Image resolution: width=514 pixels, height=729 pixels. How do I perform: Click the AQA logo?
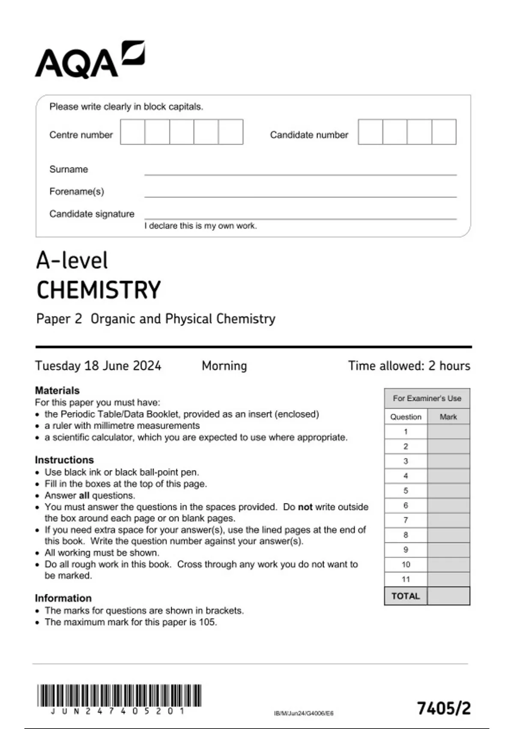point(90,60)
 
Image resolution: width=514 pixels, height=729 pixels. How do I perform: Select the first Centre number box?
point(132,132)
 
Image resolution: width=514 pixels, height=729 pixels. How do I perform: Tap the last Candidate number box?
point(444,132)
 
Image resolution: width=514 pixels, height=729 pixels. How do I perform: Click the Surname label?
point(69,169)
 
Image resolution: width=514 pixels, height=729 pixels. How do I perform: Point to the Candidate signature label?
point(92,214)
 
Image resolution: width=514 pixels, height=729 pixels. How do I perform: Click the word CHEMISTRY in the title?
point(99,290)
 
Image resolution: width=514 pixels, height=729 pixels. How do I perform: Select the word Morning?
point(224,366)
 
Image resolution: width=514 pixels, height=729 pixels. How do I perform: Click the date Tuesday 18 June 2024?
point(98,366)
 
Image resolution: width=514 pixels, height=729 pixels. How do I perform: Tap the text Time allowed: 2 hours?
point(409,366)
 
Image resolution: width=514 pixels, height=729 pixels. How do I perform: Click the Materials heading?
point(57,391)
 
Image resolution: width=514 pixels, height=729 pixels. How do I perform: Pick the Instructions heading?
point(64,460)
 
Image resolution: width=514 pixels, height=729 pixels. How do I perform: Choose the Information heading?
point(63,598)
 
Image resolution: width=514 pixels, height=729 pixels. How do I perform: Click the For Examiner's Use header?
point(427,398)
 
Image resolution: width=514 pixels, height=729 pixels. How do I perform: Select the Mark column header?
point(448,417)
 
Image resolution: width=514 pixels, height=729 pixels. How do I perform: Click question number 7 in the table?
point(406,520)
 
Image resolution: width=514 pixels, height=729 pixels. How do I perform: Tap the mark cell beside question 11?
point(448,579)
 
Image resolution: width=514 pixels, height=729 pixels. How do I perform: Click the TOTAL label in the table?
point(406,596)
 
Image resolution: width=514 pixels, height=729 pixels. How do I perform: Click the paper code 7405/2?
point(444,708)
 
